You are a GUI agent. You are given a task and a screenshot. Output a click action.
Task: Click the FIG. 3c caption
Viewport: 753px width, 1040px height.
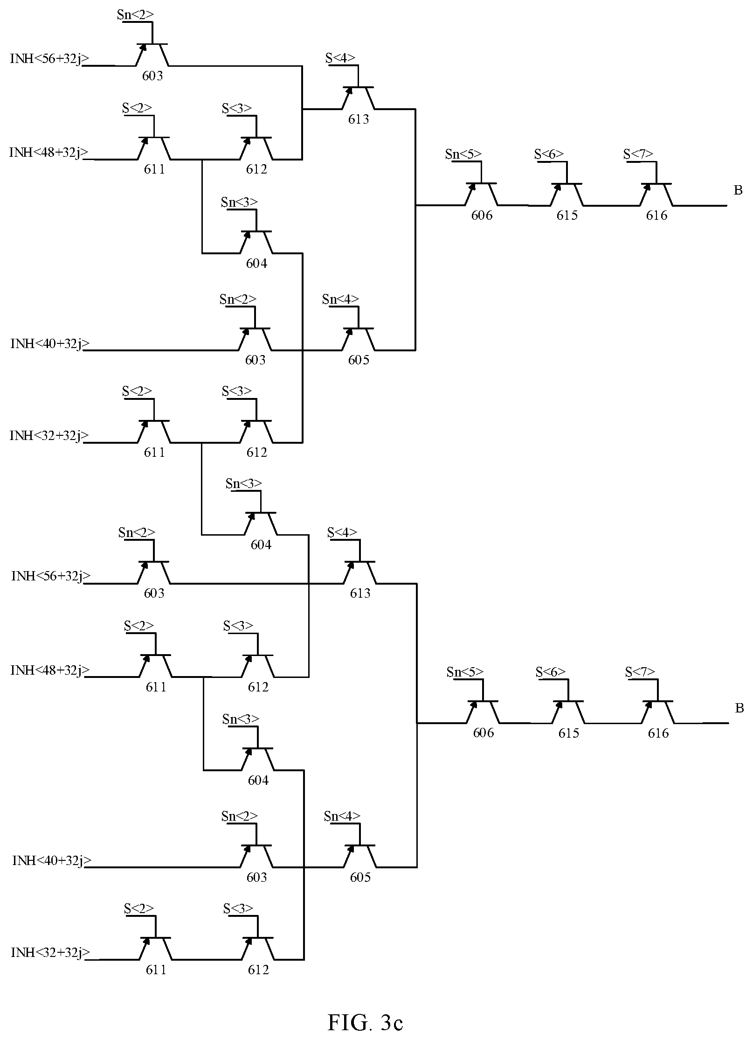tap(365, 1009)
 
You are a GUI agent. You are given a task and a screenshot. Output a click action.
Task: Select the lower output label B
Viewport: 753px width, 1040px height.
tap(739, 708)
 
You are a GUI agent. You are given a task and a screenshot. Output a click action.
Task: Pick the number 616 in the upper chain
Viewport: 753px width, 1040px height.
tap(656, 216)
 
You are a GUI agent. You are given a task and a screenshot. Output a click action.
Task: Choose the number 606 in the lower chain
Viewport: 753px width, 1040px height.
tap(484, 733)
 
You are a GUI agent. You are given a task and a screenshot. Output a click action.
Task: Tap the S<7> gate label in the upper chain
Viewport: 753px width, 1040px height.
tap(638, 154)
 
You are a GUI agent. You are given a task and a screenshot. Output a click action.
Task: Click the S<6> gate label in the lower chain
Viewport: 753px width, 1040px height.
tap(551, 672)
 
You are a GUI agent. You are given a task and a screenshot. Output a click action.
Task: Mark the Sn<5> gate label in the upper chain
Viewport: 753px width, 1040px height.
tap(463, 154)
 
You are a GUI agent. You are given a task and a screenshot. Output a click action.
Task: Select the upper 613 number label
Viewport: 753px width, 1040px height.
tap(359, 119)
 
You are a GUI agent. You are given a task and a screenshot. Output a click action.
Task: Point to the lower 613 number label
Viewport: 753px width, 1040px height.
tap(360, 593)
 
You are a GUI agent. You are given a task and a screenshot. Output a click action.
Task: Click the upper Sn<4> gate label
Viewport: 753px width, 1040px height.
tap(341, 299)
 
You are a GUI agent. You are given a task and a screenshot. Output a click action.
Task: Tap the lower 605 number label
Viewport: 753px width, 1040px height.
tap(360, 878)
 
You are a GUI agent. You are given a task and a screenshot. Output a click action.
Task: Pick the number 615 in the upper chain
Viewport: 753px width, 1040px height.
tap(567, 216)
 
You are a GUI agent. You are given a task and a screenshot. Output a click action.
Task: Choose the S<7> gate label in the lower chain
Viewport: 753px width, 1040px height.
tap(640, 672)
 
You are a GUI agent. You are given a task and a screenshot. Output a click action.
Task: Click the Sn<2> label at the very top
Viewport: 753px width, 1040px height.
tap(135, 15)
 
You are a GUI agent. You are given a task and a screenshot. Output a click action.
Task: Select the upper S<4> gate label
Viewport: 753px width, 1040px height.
tap(340, 58)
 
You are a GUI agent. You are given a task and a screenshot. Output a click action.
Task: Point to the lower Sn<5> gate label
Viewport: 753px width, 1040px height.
tap(465, 672)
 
